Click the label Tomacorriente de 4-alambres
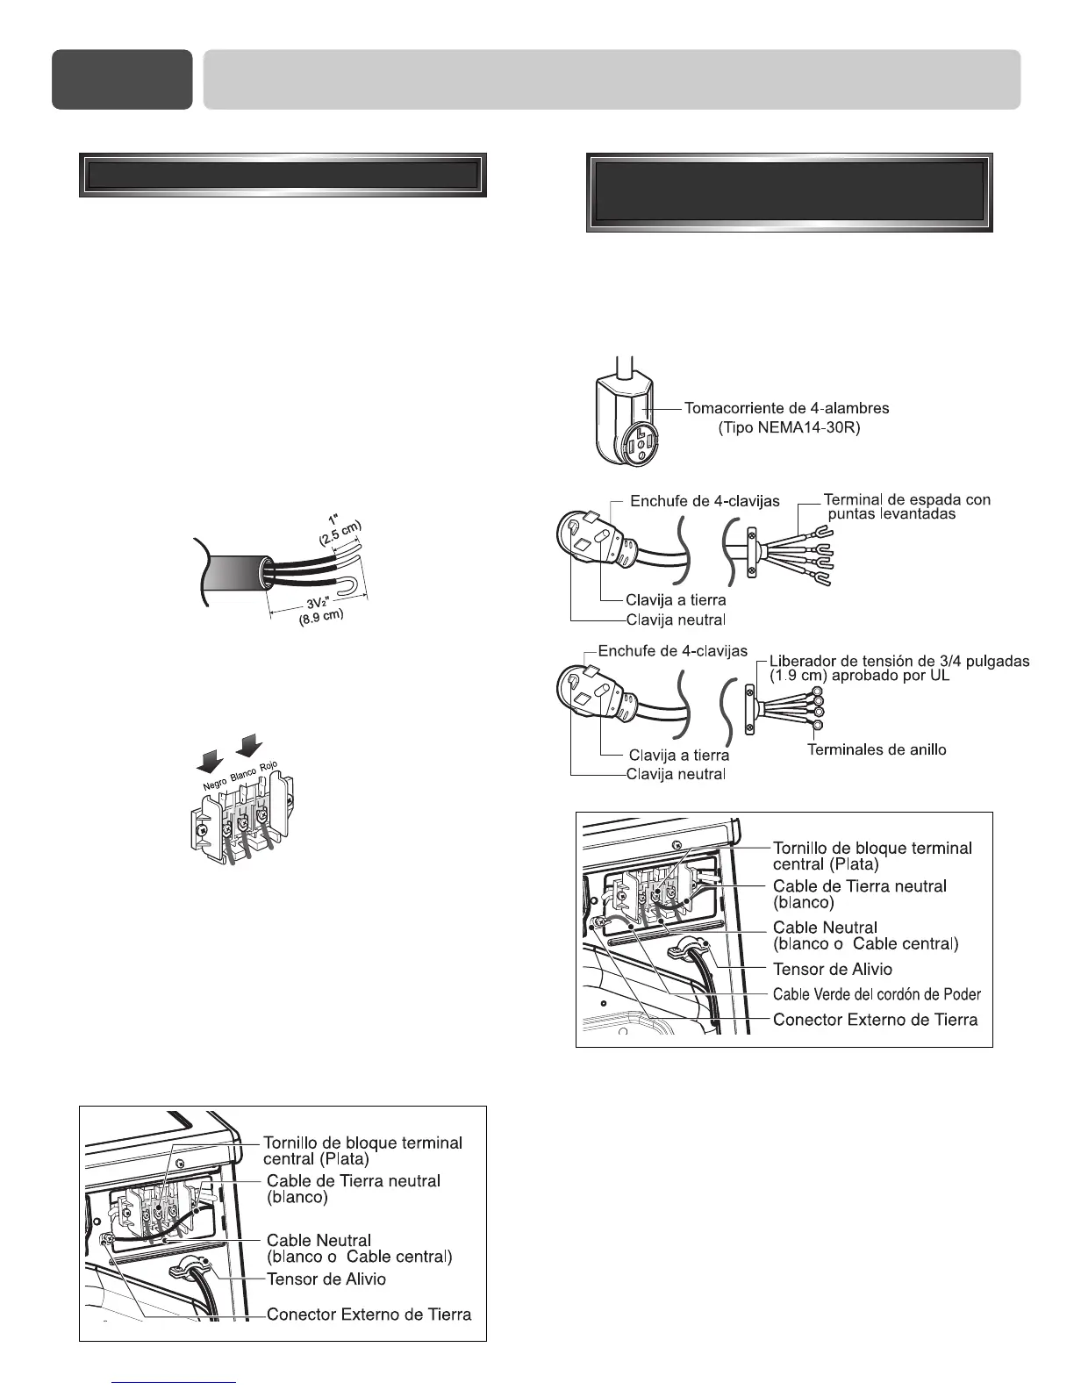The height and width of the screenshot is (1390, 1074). pyautogui.click(x=786, y=408)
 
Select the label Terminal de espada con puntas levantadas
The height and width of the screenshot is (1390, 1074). pyautogui.click(x=906, y=506)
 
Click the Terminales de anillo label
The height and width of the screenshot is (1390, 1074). pyautogui.click(x=877, y=749)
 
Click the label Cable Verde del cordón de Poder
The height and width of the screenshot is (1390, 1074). pyautogui.click(x=877, y=994)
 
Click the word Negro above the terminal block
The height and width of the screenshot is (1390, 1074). pyautogui.click(x=214, y=782)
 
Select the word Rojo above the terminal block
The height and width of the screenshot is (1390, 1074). pyautogui.click(x=268, y=767)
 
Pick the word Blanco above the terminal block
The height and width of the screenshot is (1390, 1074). pyautogui.click(x=243, y=773)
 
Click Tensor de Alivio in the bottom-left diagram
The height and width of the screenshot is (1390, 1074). pyautogui.click(x=326, y=1279)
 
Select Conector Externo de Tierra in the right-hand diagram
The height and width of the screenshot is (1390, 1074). pyautogui.click(x=875, y=1020)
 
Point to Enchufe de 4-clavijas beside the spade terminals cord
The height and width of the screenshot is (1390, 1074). pyautogui.click(x=705, y=501)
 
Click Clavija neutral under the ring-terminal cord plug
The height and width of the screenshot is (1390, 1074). pyautogui.click(x=676, y=774)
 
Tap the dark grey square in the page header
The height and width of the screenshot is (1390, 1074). pyautogui.click(x=122, y=79)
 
